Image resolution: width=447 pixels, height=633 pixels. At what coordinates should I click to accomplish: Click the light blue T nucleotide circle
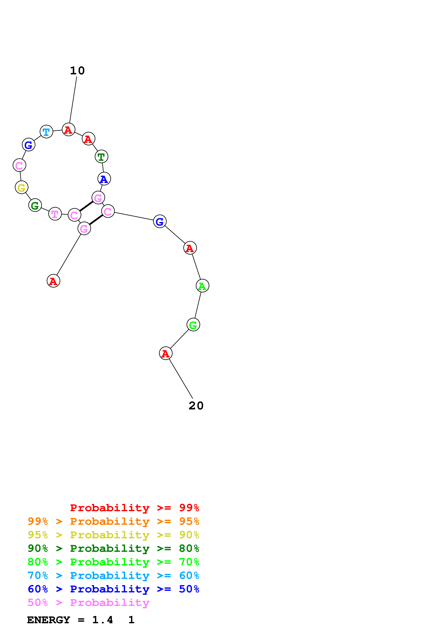coord(46,132)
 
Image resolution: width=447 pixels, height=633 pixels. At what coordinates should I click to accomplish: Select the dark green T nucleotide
coord(101,157)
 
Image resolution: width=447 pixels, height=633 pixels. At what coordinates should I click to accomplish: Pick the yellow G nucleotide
coord(21,187)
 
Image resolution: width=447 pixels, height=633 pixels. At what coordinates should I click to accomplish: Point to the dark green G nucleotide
coord(35,205)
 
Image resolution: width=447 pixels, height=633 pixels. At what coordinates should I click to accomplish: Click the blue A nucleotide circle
coord(104,179)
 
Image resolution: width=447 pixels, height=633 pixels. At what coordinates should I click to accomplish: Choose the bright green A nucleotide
coord(202,286)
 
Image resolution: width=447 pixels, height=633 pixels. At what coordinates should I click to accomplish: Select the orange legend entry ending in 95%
coord(113,521)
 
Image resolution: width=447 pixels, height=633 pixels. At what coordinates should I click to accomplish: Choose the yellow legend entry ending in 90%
coord(113,535)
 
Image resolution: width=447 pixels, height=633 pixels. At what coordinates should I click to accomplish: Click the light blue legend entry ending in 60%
coord(113,575)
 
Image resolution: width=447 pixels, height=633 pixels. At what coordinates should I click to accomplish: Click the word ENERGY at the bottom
coord(49,620)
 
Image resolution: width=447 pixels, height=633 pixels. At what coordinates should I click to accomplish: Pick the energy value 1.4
coord(102,620)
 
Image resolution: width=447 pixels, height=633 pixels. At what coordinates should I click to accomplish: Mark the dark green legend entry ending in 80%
coord(113,548)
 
